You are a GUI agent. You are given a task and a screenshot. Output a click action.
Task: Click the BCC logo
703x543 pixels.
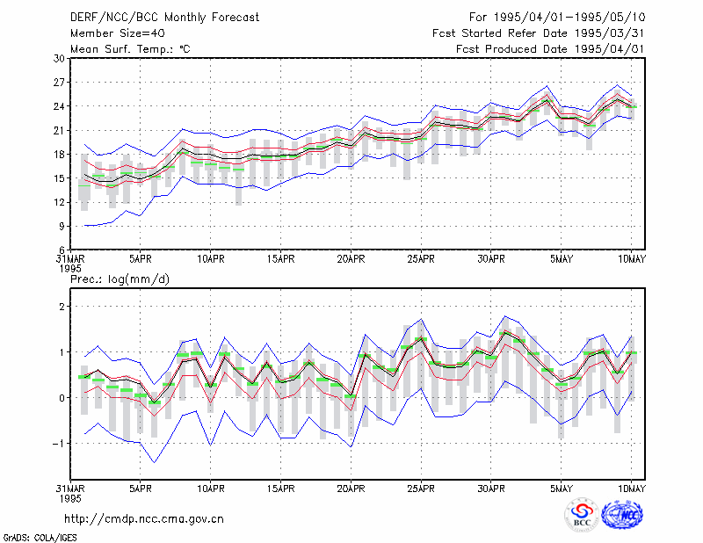[x=582, y=515]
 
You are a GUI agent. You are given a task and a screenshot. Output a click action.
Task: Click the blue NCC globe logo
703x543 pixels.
[x=622, y=514]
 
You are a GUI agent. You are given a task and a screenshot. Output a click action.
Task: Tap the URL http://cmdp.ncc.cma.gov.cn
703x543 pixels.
[x=144, y=519]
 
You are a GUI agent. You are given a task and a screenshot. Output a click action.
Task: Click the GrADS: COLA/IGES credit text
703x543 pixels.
[x=40, y=538]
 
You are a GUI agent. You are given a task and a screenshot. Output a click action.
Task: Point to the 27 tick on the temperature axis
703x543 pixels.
[x=59, y=83]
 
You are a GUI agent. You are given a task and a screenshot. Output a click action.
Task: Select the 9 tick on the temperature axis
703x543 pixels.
[x=62, y=227]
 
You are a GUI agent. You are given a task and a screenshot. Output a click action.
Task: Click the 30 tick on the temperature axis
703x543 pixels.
[x=59, y=59]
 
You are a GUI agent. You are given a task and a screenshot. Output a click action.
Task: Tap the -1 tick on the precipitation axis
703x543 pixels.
[x=58, y=444]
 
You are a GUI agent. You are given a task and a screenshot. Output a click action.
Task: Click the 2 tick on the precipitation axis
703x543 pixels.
[x=62, y=307]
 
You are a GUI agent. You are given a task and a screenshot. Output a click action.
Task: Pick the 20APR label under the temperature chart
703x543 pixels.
[x=351, y=259]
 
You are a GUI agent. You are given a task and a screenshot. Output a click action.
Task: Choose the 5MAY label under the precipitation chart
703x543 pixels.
[x=562, y=489]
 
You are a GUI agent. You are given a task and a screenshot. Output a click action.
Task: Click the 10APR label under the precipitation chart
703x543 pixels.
[x=211, y=489]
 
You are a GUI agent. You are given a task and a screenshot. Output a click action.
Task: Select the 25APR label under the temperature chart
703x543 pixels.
[x=421, y=259]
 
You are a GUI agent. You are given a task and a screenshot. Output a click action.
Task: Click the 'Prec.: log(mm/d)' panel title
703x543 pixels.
[x=120, y=279]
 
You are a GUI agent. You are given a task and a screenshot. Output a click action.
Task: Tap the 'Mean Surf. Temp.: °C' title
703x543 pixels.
[x=130, y=49]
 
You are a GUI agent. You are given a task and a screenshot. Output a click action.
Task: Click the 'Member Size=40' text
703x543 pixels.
[x=118, y=33]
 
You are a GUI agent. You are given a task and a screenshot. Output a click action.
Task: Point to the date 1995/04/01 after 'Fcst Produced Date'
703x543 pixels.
[x=610, y=49]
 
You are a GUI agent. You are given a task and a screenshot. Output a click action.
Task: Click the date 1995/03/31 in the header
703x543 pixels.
[x=610, y=33]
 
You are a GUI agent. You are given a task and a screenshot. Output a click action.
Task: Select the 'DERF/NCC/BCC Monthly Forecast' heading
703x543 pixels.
[x=164, y=18]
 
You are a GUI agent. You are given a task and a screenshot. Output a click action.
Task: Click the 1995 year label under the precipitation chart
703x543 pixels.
[x=70, y=498]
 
